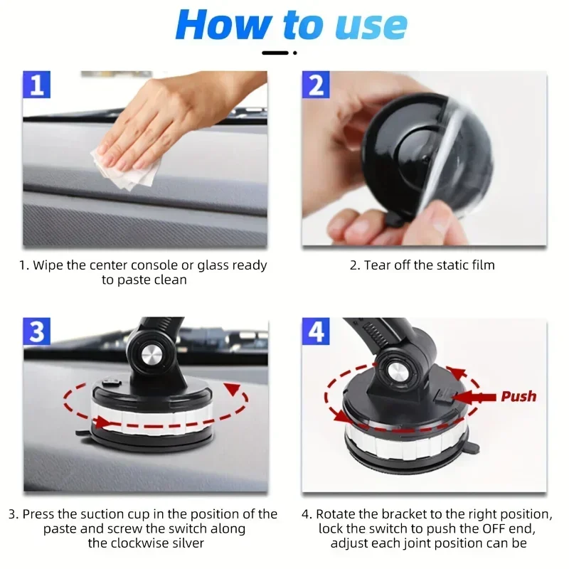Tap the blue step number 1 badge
click(x=38, y=85)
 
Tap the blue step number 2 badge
click(x=316, y=85)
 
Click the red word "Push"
click(x=519, y=396)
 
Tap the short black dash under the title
click(x=276, y=53)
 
